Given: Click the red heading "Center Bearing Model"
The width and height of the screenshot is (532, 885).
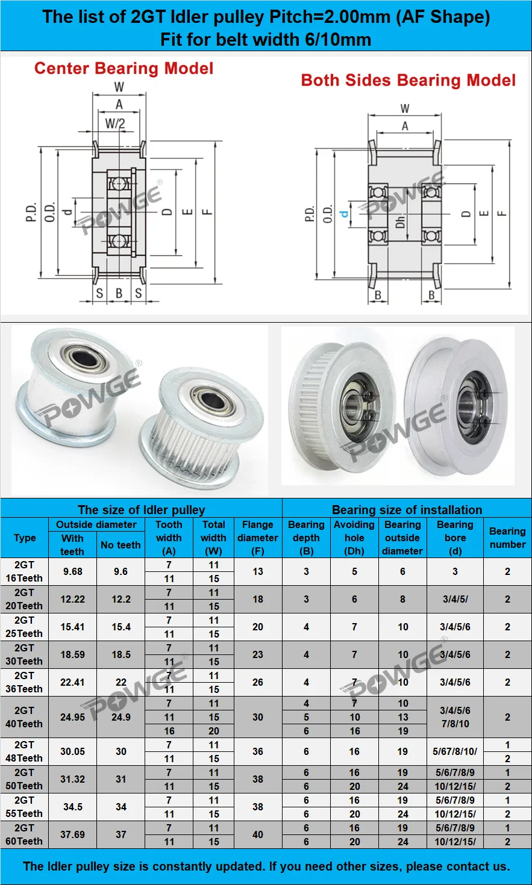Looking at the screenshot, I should [124, 68].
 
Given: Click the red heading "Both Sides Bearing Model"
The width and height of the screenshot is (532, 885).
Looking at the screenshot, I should [408, 80].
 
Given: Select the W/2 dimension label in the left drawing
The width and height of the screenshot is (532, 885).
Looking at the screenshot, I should [115, 123].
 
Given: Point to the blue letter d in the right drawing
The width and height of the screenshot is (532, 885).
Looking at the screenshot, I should [344, 214].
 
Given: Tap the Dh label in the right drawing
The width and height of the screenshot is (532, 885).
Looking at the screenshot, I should [400, 221].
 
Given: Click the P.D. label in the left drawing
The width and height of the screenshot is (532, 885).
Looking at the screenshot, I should [31, 212].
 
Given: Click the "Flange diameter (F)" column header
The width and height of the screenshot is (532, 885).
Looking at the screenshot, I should [257, 538].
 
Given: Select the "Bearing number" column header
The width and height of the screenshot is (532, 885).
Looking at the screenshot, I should [507, 538].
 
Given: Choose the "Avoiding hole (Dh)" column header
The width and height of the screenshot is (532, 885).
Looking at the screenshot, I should [354, 538].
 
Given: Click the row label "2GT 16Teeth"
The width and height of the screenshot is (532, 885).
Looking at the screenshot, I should [24, 571].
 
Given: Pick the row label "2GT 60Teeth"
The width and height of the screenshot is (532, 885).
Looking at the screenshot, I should [24, 834].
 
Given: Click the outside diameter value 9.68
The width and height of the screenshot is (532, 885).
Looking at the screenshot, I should [72, 571].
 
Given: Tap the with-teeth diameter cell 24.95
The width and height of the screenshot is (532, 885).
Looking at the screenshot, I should [72, 717].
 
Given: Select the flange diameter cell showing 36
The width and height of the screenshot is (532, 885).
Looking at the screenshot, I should [258, 751].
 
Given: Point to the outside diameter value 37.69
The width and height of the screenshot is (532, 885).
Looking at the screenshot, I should [72, 834].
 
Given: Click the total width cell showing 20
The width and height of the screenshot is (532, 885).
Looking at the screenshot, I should [214, 731].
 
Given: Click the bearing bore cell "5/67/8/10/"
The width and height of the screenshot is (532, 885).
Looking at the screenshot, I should [455, 751].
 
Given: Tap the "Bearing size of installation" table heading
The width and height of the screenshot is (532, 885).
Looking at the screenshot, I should [407, 509].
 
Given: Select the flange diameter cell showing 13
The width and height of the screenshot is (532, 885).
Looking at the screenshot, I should [258, 571].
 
